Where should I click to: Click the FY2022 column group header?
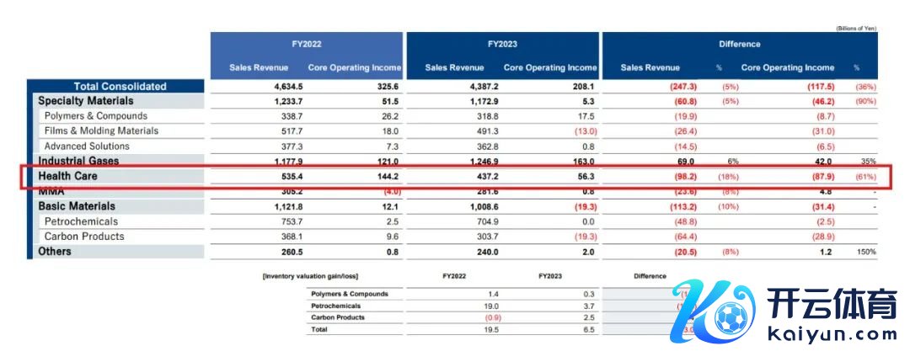tap(306, 44)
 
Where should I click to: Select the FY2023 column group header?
tap(502, 44)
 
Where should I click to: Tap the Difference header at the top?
tap(739, 44)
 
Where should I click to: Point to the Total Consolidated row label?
tap(120, 86)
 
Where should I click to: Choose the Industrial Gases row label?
tap(78, 161)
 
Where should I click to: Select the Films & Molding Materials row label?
tap(101, 130)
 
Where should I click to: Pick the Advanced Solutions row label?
tap(88, 146)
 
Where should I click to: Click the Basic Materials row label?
tap(77, 206)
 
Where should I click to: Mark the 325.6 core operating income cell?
tap(386, 86)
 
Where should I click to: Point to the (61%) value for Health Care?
tap(864, 176)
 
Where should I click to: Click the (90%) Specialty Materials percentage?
tap(864, 101)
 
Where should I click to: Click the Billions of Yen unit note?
tap(856, 28)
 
